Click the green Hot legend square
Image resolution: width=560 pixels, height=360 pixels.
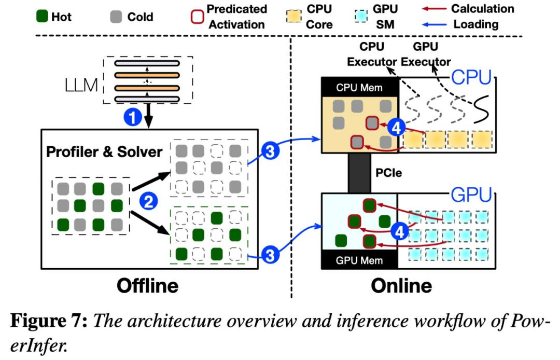pyautogui.click(x=42, y=17)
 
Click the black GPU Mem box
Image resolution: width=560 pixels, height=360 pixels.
pyautogui.click(x=359, y=260)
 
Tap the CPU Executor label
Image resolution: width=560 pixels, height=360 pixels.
pyautogui.click(x=372, y=54)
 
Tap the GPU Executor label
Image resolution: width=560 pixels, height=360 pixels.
pyautogui.click(x=426, y=54)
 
